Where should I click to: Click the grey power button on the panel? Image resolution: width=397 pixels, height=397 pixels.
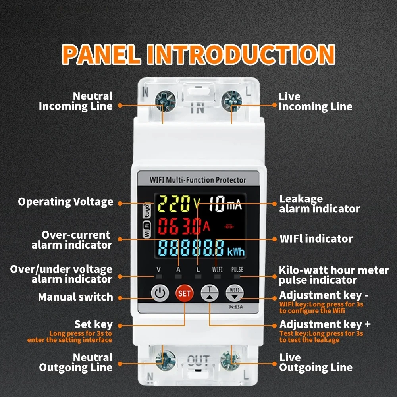coord(160,293)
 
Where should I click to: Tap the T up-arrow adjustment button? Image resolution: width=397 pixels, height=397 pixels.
coord(209,293)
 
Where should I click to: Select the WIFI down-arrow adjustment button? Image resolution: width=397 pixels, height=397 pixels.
coord(235,293)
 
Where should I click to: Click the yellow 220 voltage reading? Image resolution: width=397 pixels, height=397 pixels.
coord(174,204)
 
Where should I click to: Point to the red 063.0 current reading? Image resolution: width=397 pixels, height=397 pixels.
coord(180,226)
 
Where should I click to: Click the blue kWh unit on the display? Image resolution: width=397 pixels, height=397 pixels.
coord(236,252)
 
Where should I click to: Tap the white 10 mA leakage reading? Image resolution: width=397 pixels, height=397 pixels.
coord(225,204)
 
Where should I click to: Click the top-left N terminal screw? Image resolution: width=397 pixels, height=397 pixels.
coord(165,101)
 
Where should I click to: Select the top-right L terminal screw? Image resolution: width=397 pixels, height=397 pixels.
coord(231,101)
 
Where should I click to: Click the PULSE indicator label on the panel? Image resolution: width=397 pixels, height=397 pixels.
coord(237,270)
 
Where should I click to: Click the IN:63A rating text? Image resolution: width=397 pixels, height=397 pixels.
coord(235,307)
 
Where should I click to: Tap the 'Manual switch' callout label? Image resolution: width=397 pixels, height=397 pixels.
coord(75,297)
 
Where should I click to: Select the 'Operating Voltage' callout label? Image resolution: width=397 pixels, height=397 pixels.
coord(66,202)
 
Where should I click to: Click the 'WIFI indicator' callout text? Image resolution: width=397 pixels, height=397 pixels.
coord(316,239)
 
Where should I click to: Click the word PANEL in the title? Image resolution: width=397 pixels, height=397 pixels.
coord(101,54)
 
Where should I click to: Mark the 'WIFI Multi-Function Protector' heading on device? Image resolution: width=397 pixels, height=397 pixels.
coord(198,180)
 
